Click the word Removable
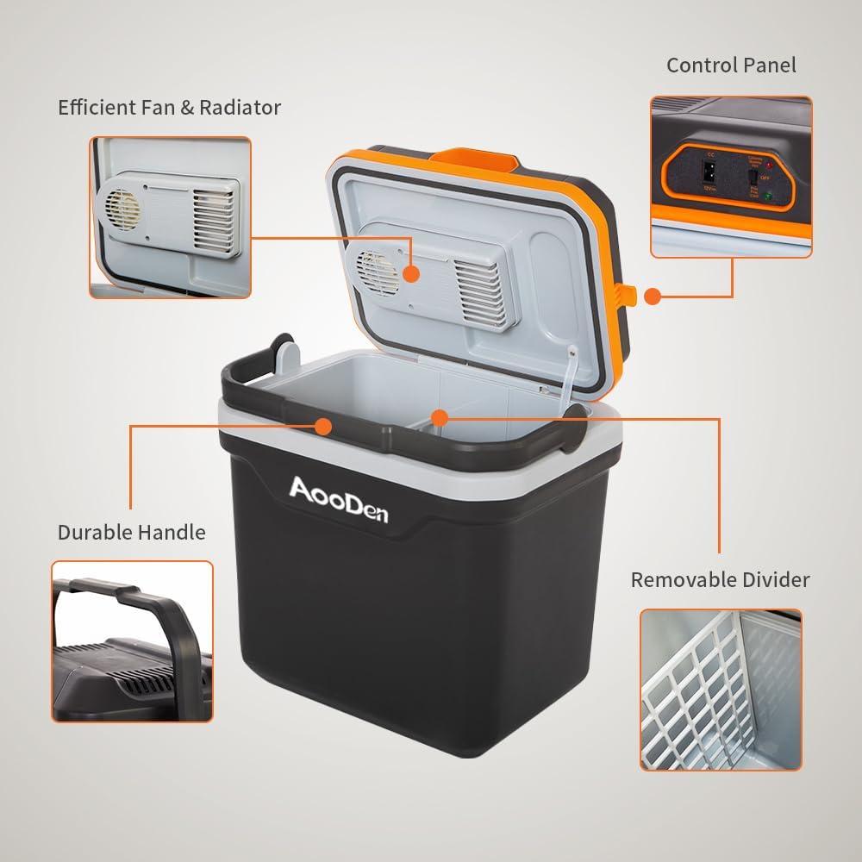(681, 579)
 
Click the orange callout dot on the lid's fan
(411, 273)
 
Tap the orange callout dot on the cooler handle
(324, 426)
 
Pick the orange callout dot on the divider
(440, 418)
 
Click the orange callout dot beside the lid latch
(653, 296)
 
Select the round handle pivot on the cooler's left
(286, 353)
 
